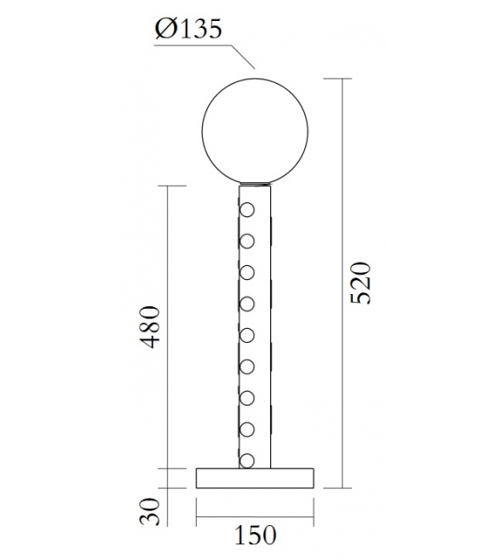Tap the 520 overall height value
(x=360, y=282)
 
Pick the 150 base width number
(x=255, y=534)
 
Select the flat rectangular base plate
(x=254, y=477)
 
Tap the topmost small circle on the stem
(x=247, y=210)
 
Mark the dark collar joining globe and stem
(x=254, y=184)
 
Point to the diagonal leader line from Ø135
(x=240, y=55)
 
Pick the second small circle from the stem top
(x=247, y=241)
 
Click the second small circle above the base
(x=247, y=428)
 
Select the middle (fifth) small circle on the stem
(x=247, y=335)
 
